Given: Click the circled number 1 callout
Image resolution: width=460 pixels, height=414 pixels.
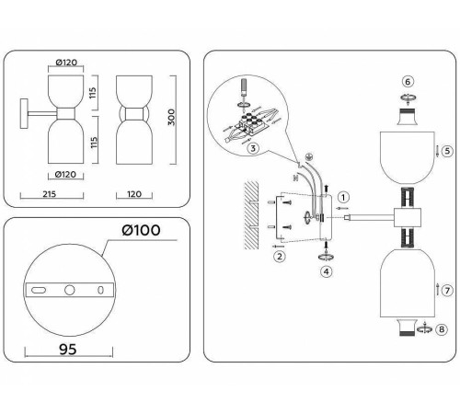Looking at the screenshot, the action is point(343,197).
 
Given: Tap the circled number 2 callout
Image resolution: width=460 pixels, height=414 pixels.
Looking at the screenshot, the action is point(280,256).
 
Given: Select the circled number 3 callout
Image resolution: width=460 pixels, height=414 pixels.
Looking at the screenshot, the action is point(253,148).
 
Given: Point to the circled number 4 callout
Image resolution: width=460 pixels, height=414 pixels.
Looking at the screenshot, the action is point(327,271).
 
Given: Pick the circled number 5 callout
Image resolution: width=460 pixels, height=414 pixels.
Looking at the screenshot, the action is point(447,151).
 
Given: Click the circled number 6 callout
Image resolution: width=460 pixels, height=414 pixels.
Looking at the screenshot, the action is point(408,82).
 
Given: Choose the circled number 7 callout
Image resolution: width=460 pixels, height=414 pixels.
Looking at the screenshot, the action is point(447,290).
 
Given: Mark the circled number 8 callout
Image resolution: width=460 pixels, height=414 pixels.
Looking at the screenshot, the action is point(442,329).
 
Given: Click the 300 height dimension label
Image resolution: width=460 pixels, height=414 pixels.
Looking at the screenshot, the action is point(171,117).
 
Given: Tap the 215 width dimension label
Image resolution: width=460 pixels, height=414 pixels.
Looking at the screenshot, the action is point(50,194).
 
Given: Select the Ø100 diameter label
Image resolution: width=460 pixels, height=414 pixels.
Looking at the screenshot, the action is point(141,230).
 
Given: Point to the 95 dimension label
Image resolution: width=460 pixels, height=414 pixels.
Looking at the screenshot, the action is point(68,349).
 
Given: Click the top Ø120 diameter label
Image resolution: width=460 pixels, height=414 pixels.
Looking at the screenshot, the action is point(66,63).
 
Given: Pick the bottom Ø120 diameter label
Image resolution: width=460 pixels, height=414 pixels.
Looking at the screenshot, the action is point(65,174).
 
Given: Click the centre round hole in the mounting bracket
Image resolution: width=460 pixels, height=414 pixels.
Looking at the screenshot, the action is point(70,290).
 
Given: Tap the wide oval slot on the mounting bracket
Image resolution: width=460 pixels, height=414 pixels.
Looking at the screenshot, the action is point(39,290).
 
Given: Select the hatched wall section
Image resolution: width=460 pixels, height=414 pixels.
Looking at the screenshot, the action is point(251,214).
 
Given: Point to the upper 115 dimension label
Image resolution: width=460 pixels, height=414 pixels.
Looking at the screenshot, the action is point(93,93).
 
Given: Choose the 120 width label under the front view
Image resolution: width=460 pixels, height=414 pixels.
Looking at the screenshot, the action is point(134,194).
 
